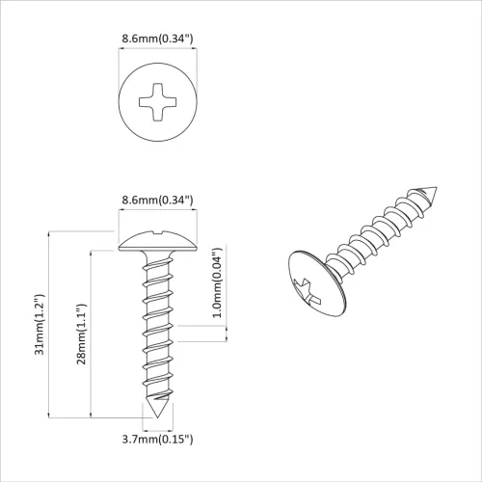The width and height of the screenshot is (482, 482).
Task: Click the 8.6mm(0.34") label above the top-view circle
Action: tap(158, 39)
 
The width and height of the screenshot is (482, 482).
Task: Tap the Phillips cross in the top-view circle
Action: tap(158, 99)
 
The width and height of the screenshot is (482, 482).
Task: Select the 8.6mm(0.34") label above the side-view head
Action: tap(158, 200)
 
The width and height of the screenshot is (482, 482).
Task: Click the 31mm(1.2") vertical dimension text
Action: tap(40, 324)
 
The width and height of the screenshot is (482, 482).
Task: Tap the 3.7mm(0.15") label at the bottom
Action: tap(158, 440)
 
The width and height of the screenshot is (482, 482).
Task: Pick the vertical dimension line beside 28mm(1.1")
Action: tap(92, 333)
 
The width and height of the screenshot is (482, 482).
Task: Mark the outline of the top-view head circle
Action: tap(120, 99)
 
